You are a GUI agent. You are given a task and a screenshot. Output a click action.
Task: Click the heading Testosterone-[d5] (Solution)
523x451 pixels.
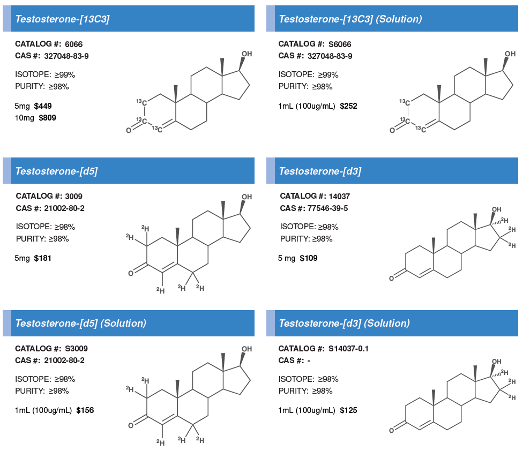tap(80, 323)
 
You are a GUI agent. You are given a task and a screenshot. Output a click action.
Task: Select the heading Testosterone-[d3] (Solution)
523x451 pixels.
tap(344, 323)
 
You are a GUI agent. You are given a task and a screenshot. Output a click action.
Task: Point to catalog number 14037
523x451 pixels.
tap(339, 196)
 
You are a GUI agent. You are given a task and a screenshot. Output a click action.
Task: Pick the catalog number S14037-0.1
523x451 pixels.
tap(348, 348)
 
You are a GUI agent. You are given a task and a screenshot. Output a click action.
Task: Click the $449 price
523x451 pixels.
tap(43, 106)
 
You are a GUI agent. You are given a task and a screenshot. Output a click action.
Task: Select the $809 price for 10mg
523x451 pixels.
tap(47, 117)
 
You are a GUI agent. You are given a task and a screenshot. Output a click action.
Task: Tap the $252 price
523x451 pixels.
tap(348, 106)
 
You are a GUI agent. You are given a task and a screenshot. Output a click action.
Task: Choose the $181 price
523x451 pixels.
tap(43, 258)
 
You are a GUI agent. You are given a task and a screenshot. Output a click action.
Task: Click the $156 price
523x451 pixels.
tap(85, 410)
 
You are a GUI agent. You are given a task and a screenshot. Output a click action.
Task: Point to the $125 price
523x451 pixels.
tap(348, 410)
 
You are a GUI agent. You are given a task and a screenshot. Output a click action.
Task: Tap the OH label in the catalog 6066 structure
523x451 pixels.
tap(246, 54)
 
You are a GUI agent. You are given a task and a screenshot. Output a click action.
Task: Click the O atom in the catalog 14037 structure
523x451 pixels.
tap(393, 277)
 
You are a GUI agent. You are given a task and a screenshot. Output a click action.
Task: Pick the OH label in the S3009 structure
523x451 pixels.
tap(246, 349)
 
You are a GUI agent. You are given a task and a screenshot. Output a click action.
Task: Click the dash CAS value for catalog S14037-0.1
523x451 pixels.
tap(309, 360)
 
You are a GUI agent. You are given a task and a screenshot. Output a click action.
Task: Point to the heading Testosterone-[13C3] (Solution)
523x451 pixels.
tap(350, 19)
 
